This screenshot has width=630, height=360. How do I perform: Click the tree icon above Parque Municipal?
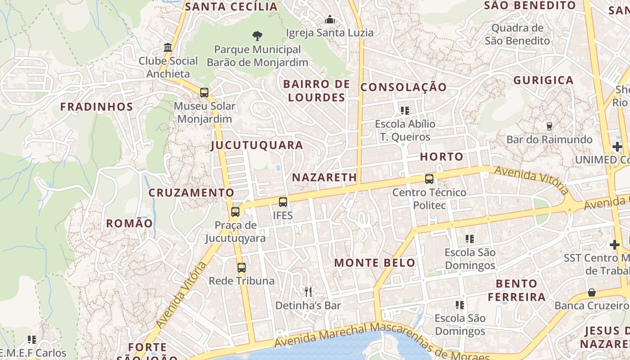click(257, 36)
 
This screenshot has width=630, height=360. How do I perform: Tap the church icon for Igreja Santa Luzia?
click(330, 20)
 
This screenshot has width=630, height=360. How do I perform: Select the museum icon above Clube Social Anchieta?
click(168, 47)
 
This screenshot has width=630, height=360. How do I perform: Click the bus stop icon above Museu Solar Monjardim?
click(204, 93)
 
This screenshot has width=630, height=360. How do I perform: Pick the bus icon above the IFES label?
click(283, 202)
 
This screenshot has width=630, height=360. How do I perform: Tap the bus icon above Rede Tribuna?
click(242, 268)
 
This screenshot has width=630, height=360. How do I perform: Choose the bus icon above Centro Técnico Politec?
click(429, 179)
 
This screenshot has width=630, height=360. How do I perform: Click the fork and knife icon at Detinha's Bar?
click(308, 292)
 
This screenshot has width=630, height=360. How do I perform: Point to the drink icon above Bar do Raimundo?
click(549, 126)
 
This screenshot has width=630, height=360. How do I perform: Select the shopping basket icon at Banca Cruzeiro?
click(592, 292)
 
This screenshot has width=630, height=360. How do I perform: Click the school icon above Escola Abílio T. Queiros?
click(405, 110)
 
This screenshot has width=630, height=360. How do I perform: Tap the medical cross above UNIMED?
click(617, 147)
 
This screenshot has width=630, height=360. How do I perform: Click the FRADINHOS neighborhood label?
click(97, 107)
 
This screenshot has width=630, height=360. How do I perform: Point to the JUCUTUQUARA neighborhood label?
click(257, 145)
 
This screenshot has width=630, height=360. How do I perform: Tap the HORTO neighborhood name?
click(441, 157)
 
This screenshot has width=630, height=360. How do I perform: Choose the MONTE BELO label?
click(375, 263)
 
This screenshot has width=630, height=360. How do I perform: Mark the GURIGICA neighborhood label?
click(544, 81)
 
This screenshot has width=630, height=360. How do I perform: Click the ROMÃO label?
click(129, 224)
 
